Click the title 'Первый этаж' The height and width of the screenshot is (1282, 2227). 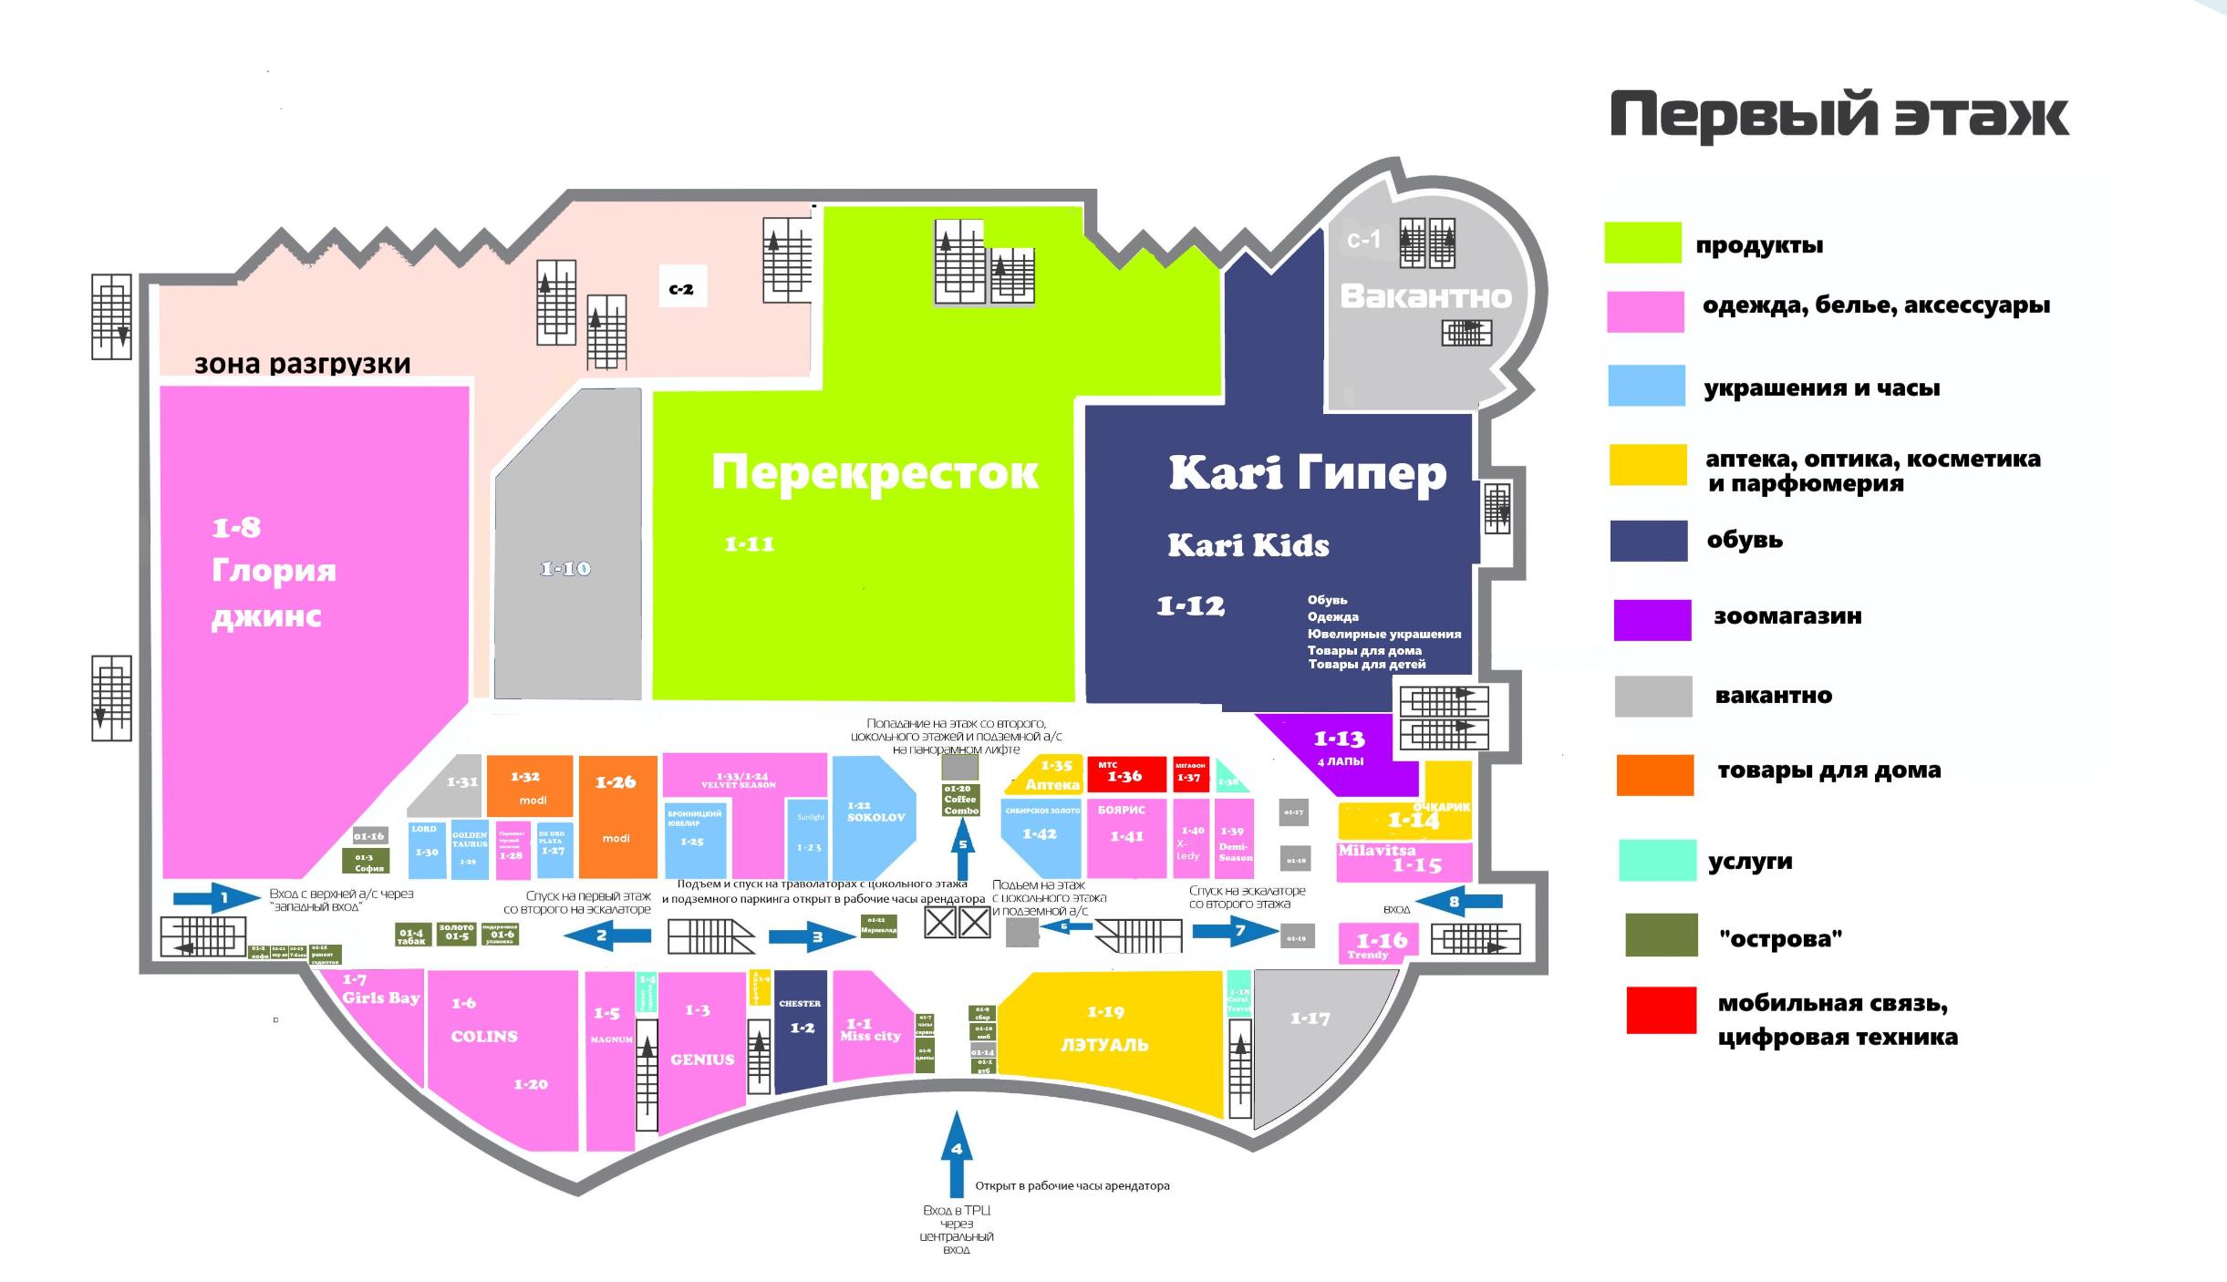1839,117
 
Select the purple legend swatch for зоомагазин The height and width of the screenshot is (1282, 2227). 1652,620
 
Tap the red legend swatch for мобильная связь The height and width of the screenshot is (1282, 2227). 1661,1010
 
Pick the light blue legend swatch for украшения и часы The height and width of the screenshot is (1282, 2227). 1646,385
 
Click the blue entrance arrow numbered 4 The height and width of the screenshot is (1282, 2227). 956,1153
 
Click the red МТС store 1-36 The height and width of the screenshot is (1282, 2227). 1125,774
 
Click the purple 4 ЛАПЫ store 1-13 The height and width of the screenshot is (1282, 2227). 1339,748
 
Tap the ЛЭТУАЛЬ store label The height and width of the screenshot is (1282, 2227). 1104,1045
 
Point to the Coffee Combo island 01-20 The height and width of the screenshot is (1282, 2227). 961,800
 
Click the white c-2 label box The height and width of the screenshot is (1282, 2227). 681,289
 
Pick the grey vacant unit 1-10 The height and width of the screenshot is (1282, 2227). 566,569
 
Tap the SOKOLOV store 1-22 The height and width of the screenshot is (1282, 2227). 875,813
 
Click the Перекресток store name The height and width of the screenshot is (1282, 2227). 874,472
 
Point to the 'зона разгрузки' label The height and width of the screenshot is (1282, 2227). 303,364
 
